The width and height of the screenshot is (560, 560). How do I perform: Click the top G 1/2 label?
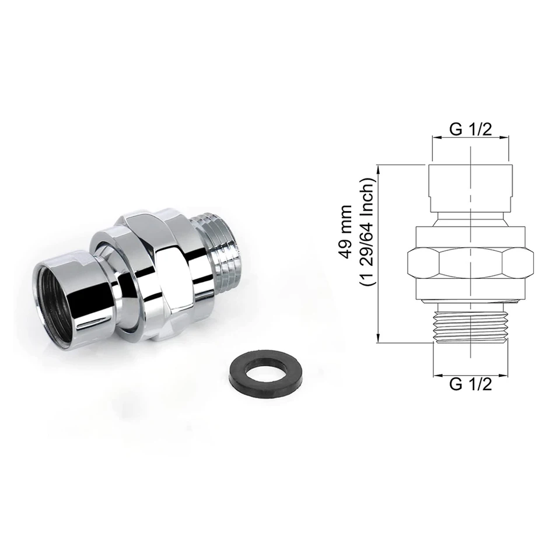click(x=470, y=129)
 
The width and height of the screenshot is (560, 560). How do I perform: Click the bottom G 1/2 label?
click(x=470, y=384)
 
